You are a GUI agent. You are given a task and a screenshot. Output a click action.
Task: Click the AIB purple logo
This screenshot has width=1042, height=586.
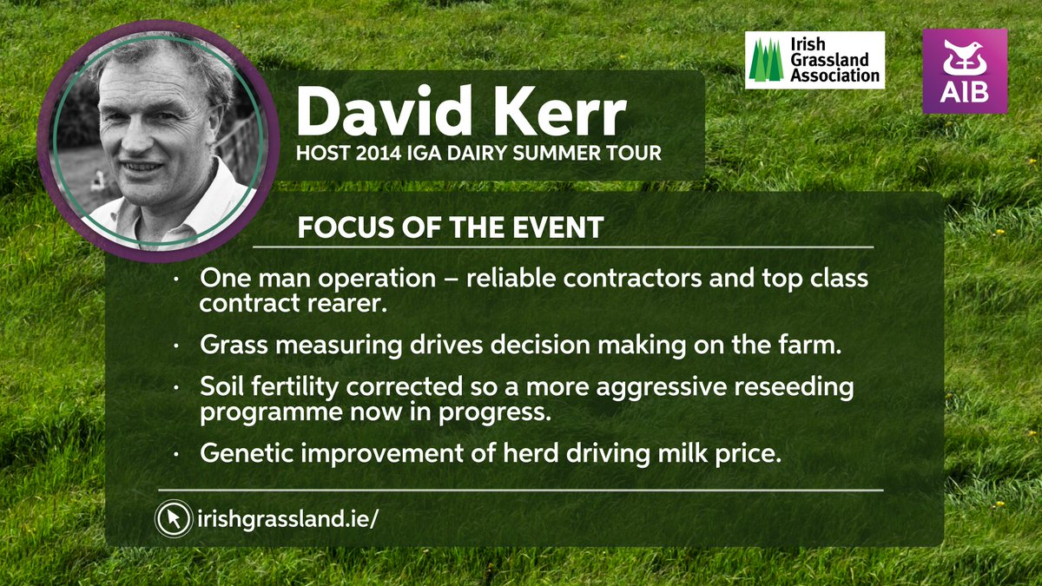pyautogui.click(x=964, y=70)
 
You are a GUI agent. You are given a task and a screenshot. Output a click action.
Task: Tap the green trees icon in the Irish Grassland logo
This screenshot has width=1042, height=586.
pyautogui.click(x=766, y=62)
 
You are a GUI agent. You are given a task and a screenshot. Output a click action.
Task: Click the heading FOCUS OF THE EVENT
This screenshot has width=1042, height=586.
pyautogui.click(x=450, y=228)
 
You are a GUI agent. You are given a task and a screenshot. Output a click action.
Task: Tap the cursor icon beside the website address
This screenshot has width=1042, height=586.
pyautogui.click(x=173, y=519)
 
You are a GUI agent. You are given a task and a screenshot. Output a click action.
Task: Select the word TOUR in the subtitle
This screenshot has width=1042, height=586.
pyautogui.click(x=638, y=154)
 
